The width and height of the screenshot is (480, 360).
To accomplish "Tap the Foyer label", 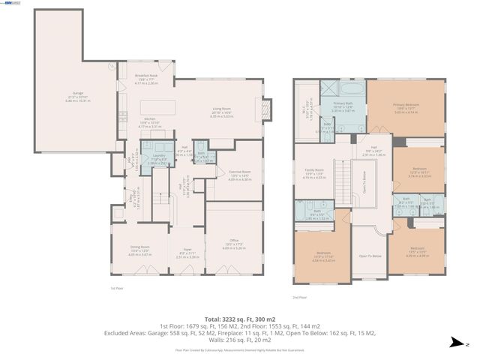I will click(184, 253).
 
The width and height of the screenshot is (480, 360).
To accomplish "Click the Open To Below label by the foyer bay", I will click(369, 256).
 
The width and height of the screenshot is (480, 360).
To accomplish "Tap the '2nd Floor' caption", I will click(299, 298).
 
